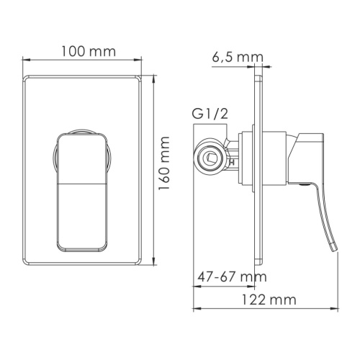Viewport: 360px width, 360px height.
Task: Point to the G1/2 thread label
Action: pos(208,113)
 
